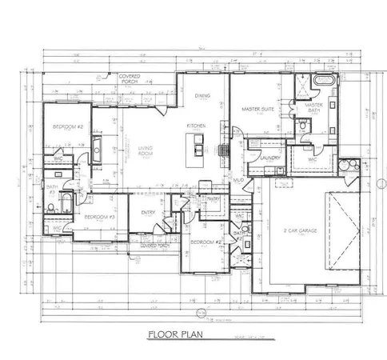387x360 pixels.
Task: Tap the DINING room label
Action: [x=201, y=96]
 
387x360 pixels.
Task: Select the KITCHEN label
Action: [x=197, y=126]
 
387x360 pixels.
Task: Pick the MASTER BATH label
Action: [x=312, y=106]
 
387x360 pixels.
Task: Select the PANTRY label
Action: [x=213, y=198]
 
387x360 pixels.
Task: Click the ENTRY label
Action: [x=148, y=212]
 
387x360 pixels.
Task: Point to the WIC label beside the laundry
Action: [x=313, y=159]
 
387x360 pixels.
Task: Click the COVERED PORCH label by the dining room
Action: [x=129, y=78]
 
